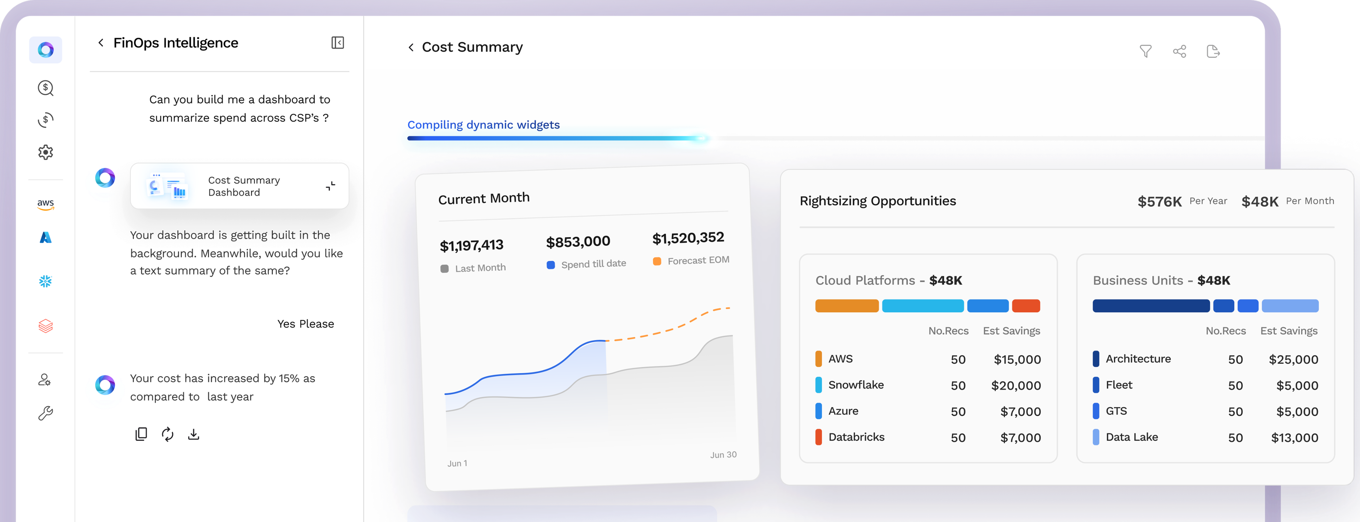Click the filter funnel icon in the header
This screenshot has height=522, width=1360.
click(x=1145, y=51)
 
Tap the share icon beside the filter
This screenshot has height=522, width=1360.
click(x=1179, y=51)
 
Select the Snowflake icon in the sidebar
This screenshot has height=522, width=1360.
click(x=45, y=281)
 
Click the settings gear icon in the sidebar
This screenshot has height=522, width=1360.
click(x=45, y=152)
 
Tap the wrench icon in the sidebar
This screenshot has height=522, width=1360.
click(x=45, y=413)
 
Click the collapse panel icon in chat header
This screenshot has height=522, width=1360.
click(x=337, y=43)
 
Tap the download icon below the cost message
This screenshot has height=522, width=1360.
click(x=194, y=434)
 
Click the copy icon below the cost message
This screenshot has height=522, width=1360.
click(x=141, y=434)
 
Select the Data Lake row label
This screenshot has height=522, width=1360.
click(x=1131, y=437)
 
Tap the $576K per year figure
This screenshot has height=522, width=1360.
click(x=1159, y=201)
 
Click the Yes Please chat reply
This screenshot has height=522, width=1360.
click(x=306, y=324)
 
